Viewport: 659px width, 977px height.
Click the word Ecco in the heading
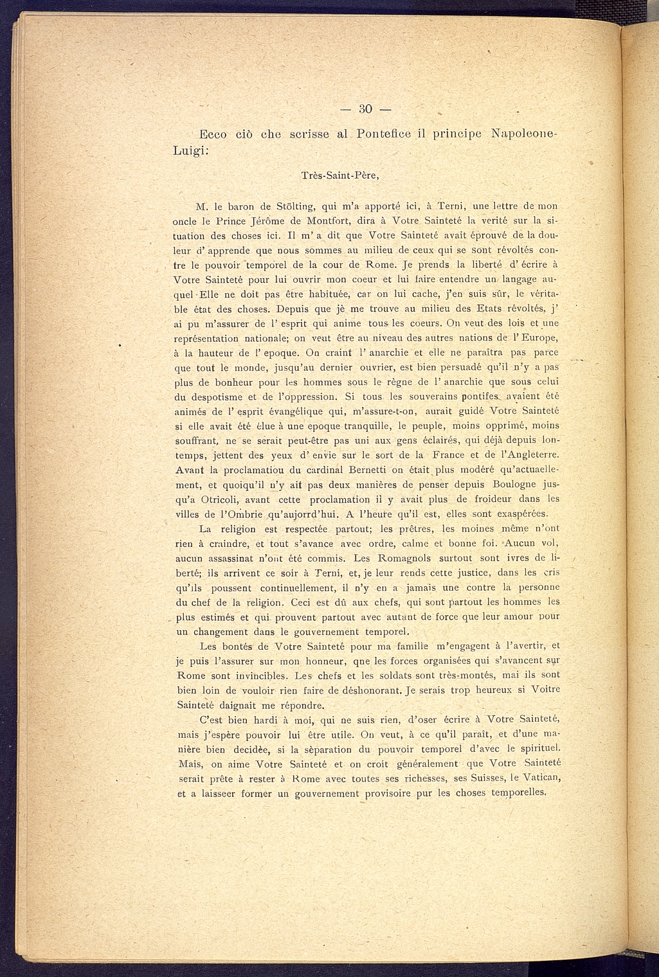point(211,134)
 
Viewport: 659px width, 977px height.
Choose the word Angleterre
point(529,455)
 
